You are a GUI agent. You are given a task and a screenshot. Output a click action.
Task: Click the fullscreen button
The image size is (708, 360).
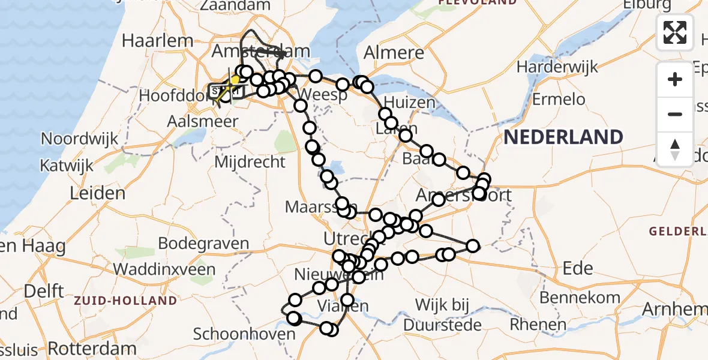tap(675, 32)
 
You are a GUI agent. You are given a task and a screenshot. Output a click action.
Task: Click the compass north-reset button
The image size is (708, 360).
tap(675, 149)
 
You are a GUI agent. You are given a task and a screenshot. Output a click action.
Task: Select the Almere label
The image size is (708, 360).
tap(394, 52)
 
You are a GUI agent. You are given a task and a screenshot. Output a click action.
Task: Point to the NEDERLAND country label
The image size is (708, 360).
tap(563, 137)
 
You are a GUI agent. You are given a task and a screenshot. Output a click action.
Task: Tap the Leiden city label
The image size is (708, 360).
tap(98, 193)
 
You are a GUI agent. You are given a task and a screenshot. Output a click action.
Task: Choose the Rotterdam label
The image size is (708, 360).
tap(92, 348)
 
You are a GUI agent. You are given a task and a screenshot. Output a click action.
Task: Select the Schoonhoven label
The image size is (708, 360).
tap(236, 334)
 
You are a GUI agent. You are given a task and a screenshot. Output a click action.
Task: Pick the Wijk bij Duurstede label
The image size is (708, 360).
tap(442, 315)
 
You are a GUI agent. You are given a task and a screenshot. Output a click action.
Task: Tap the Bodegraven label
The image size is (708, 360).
tap(203, 244)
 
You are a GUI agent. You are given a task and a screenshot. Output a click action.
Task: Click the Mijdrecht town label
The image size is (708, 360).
tap(250, 161)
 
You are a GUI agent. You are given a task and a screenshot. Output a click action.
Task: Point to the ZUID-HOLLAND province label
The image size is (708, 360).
tap(126, 301)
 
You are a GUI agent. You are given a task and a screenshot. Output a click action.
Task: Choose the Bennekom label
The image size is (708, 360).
tap(580, 298)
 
